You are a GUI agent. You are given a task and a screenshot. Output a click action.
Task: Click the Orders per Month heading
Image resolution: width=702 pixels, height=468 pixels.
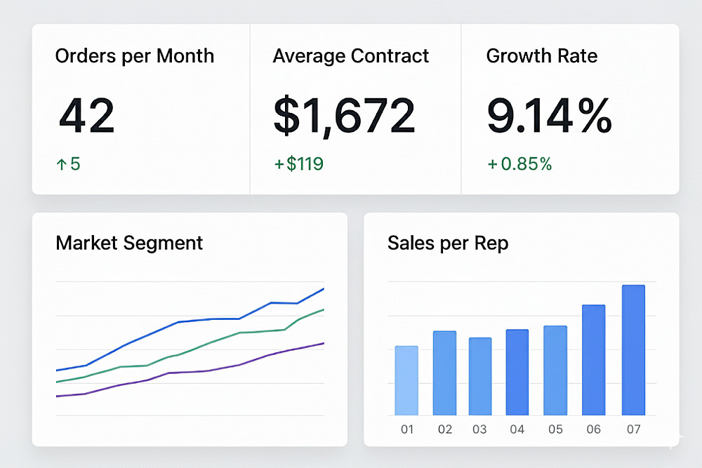click(x=135, y=56)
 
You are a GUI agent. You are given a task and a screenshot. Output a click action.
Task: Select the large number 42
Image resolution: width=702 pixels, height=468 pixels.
click(x=86, y=116)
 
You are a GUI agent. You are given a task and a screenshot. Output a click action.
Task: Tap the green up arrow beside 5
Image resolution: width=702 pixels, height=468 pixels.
click(x=61, y=165)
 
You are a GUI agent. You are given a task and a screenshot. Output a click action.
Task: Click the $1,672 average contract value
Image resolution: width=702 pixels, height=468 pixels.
click(x=344, y=116)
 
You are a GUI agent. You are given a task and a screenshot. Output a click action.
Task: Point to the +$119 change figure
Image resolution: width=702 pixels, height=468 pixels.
click(x=299, y=164)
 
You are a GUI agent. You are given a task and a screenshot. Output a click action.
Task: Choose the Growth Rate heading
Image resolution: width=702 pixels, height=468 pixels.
click(x=542, y=56)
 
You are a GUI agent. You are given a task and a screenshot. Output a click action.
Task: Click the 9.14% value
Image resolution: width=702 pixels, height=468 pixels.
click(x=549, y=116)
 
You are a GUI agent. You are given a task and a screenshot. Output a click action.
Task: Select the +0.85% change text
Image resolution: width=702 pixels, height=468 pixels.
click(x=519, y=164)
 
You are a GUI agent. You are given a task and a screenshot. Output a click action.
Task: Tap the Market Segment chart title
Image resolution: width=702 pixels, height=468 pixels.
click(x=129, y=243)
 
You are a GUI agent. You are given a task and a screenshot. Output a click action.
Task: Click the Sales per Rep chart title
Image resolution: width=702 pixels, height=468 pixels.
click(x=448, y=243)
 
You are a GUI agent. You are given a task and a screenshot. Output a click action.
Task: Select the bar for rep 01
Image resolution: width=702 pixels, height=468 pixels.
click(x=406, y=380)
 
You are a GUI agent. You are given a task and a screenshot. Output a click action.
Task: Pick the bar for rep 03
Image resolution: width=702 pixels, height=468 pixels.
click(x=480, y=376)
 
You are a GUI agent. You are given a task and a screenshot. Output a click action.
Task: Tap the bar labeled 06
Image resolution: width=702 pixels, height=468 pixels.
click(x=594, y=359)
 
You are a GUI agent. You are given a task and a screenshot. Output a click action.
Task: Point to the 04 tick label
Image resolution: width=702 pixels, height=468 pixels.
click(x=517, y=429)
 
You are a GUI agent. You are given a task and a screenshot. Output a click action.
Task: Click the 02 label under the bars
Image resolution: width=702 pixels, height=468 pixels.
click(x=444, y=429)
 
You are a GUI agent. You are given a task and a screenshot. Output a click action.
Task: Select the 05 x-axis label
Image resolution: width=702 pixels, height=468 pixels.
click(x=555, y=429)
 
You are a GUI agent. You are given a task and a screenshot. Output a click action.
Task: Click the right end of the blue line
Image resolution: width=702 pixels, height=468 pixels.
click(x=323, y=289)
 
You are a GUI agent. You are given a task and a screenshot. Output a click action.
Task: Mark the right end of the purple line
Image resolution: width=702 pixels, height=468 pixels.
click(x=323, y=343)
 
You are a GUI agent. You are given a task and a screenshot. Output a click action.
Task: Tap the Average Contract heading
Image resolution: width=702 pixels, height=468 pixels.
click(x=351, y=56)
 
